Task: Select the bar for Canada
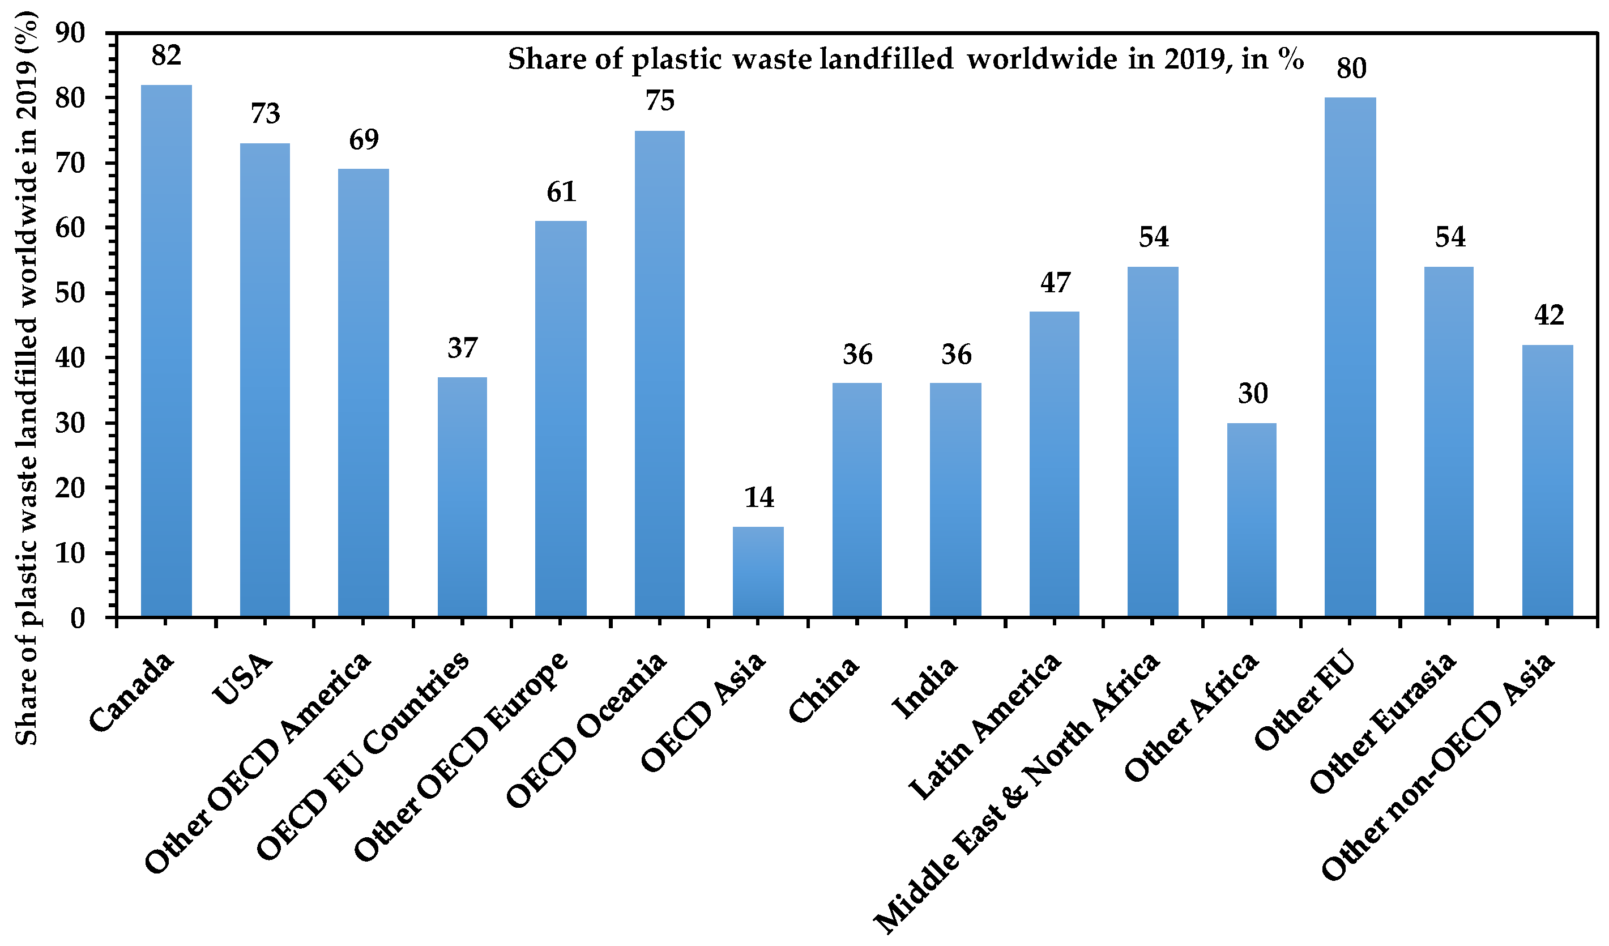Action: coord(166,351)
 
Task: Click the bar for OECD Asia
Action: coord(758,572)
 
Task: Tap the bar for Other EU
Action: coord(1350,357)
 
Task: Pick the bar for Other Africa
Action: coord(1252,520)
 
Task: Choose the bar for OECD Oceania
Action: coord(660,374)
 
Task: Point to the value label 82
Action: coord(166,56)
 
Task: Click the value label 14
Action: coord(758,497)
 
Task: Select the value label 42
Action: coord(1548,316)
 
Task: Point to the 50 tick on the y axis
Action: coord(70,293)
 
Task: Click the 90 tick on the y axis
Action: coord(70,33)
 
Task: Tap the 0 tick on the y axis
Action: coord(77,619)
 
